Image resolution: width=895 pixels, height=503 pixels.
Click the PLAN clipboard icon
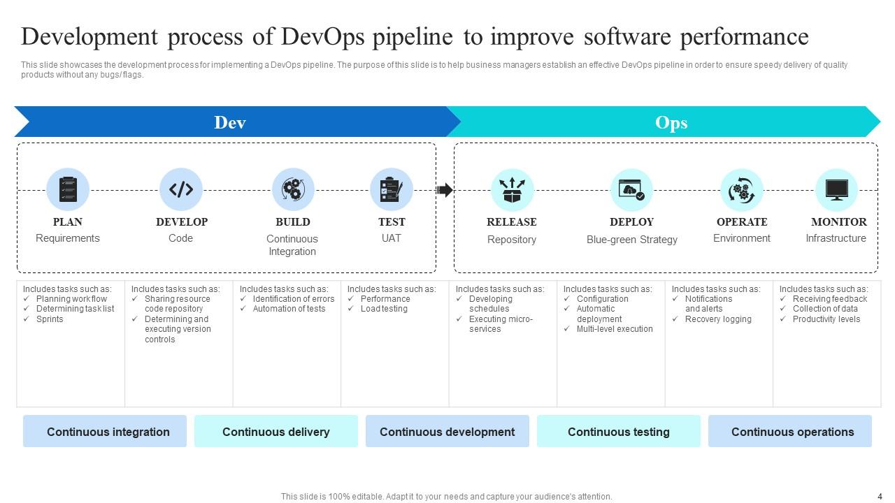(68, 189)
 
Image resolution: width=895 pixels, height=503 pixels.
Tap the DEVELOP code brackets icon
(181, 189)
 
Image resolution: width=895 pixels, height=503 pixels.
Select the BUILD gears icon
(292, 189)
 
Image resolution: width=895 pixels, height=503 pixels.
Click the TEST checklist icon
(391, 189)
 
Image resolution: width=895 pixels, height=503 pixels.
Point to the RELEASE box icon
(512, 190)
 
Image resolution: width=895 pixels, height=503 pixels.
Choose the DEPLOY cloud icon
(631, 190)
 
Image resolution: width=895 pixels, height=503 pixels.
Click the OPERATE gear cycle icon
(741, 190)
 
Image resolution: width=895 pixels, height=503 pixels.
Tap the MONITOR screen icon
(836, 190)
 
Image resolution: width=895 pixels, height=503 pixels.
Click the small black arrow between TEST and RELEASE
(445, 190)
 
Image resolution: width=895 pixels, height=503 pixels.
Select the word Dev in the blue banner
(230, 122)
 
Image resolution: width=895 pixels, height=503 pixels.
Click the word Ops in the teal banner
(671, 122)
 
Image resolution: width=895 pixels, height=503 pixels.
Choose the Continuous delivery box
(275, 432)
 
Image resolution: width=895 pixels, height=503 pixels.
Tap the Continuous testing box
(618, 432)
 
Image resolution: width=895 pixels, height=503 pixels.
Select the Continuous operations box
(792, 432)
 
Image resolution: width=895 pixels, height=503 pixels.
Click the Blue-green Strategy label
(631, 240)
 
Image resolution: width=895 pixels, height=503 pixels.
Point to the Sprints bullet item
(50, 319)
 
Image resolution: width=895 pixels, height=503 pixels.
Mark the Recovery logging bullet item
(718, 319)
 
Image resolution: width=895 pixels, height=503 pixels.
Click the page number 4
(880, 496)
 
